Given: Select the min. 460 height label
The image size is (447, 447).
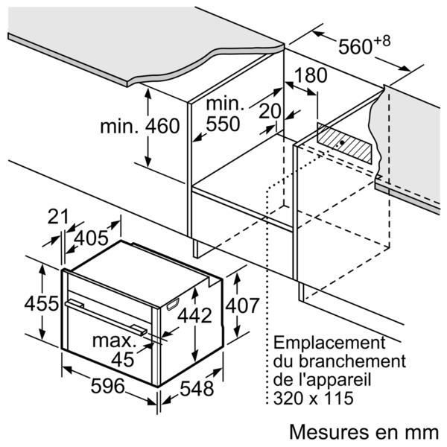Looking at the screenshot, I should pyautogui.click(x=140, y=126).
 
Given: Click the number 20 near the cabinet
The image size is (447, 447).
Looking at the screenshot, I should pyautogui.click(x=271, y=112).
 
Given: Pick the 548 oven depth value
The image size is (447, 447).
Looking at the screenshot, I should pyautogui.click(x=196, y=389).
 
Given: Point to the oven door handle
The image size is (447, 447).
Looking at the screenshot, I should pyautogui.click(x=104, y=314).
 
